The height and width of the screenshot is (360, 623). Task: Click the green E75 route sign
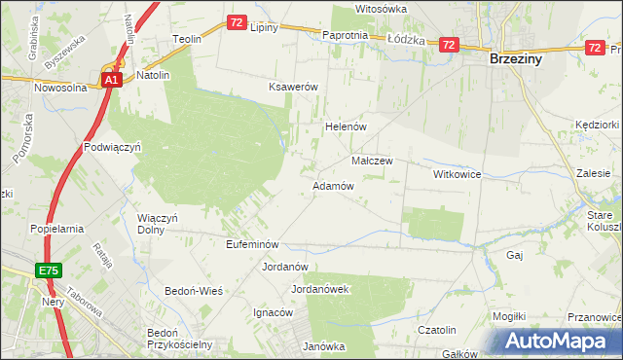click(x=51, y=270)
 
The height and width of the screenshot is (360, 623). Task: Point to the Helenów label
click(x=344, y=127)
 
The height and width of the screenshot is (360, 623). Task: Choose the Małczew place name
click(x=371, y=161)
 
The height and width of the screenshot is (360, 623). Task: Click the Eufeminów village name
click(x=252, y=244)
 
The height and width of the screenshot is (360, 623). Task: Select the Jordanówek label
click(x=320, y=289)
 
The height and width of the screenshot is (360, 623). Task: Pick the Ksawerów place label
click(x=294, y=87)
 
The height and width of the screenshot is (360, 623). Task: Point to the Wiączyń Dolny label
click(x=157, y=224)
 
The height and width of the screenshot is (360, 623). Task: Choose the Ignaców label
click(x=273, y=312)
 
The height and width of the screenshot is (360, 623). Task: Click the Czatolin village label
click(x=437, y=331)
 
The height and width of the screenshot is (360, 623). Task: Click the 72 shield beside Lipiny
click(x=237, y=22)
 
